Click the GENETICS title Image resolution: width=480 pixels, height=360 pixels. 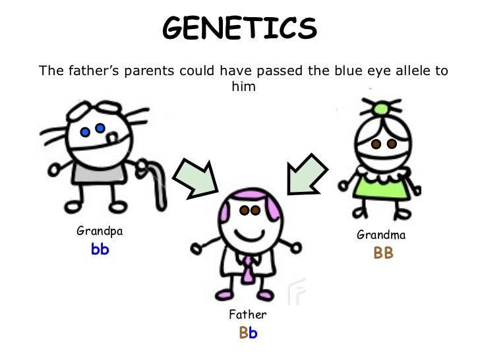[240, 28]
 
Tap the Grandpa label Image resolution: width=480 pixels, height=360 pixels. [100, 231]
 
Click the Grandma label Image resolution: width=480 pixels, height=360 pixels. [381, 234]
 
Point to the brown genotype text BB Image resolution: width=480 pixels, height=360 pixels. [383, 253]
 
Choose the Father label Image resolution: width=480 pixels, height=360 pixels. [247, 315]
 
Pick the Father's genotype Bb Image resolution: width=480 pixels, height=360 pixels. [248, 333]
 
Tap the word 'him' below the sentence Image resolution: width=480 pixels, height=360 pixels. [240, 86]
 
